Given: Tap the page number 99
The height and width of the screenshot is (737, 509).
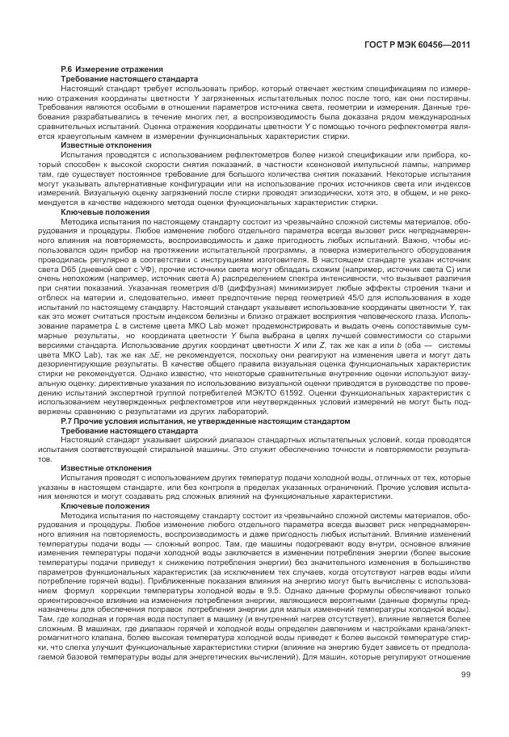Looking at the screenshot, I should click(465, 698).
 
